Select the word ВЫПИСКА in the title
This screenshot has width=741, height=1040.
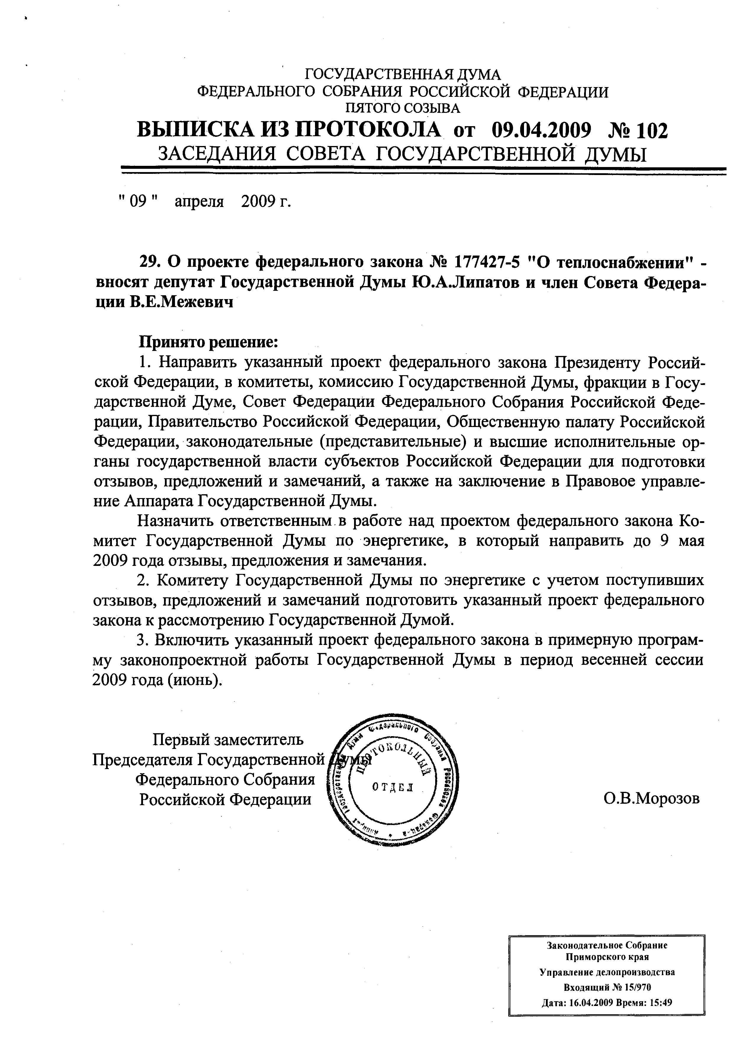[x=197, y=131]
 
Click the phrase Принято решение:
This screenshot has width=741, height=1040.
[x=208, y=342]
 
